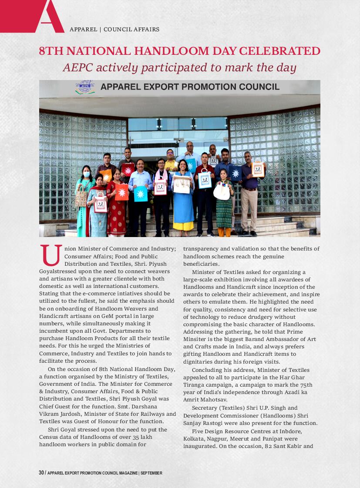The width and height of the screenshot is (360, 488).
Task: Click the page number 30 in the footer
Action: pyautogui.click(x=41, y=473)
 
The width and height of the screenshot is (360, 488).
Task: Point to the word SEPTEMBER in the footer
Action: pyautogui.click(x=151, y=473)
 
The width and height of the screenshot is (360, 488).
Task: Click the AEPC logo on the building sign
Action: pyautogui.click(x=85, y=87)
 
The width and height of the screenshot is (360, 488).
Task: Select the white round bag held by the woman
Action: pyautogui.click(x=221, y=191)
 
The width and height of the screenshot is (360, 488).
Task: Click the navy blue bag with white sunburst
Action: pyautogui.click(x=236, y=173)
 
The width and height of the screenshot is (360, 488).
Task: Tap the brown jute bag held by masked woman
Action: pyautogui.click(x=81, y=197)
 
